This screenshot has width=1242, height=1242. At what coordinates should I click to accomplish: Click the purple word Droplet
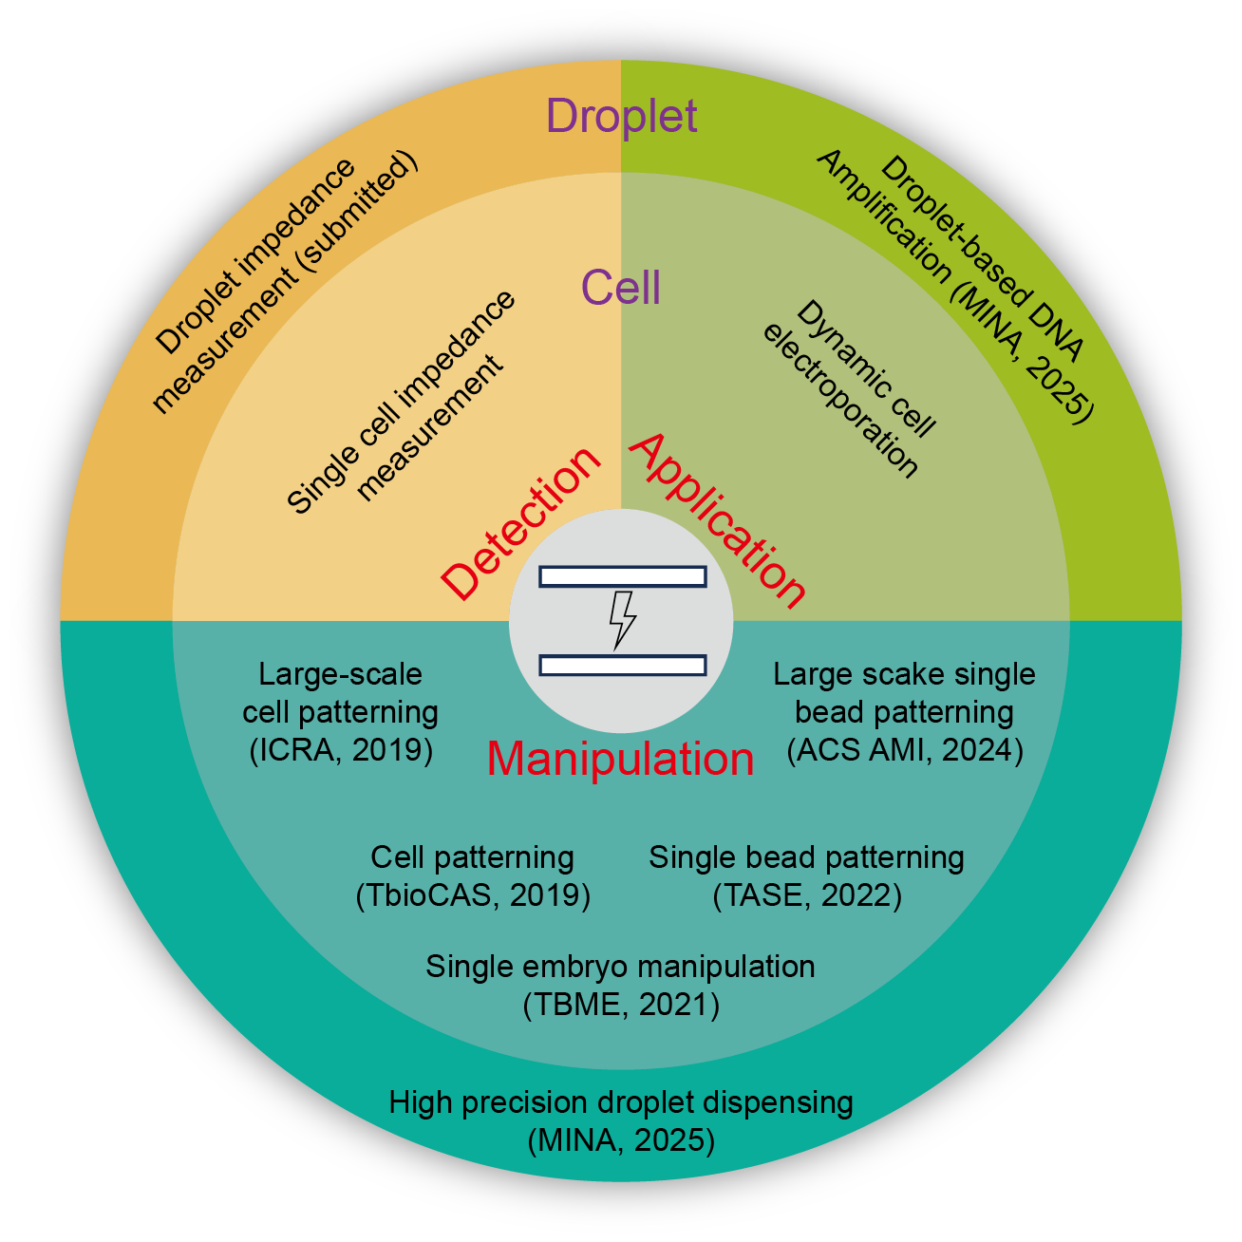pyautogui.click(x=622, y=116)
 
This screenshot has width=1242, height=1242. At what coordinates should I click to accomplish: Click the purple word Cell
pyautogui.click(x=621, y=287)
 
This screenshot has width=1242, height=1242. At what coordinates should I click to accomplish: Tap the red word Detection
pyautogui.click(x=521, y=523)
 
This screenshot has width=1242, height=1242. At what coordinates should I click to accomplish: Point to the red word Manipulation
pyautogui.click(x=620, y=760)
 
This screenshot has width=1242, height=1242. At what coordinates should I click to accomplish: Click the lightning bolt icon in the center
pyautogui.click(x=622, y=620)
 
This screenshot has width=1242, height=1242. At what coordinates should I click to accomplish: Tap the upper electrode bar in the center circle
pyautogui.click(x=622, y=576)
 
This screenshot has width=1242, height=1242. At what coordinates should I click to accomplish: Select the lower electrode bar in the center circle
pyautogui.click(x=622, y=665)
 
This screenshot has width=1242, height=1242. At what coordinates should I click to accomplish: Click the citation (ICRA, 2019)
pyautogui.click(x=341, y=750)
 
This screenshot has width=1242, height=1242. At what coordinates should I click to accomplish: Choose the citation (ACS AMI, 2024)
pyautogui.click(x=905, y=750)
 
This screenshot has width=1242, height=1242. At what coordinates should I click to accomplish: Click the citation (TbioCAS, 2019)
pyautogui.click(x=473, y=895)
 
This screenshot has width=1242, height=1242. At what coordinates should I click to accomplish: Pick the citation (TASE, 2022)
pyautogui.click(x=806, y=895)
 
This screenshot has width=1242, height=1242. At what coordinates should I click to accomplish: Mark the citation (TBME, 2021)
pyautogui.click(x=621, y=1005)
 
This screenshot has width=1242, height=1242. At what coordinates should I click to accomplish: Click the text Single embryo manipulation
pyautogui.click(x=620, y=967)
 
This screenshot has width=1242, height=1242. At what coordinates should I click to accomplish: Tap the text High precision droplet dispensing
pyautogui.click(x=621, y=1102)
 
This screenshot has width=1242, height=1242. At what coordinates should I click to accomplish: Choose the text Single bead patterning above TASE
pyautogui.click(x=806, y=857)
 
